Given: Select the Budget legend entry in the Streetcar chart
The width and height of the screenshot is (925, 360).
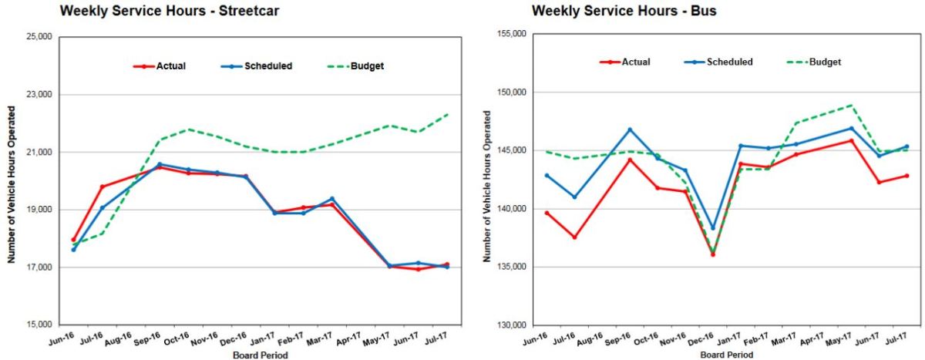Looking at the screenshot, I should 366,66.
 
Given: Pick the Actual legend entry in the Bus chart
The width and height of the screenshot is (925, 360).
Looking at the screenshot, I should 636,62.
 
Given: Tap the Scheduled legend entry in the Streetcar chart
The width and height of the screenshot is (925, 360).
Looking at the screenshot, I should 267,66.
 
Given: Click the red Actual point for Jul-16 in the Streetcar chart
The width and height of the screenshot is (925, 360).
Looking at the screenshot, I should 102,187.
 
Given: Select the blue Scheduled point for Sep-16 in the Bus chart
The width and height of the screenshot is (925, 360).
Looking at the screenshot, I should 629,130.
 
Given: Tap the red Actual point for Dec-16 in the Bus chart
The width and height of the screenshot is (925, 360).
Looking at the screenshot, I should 713,254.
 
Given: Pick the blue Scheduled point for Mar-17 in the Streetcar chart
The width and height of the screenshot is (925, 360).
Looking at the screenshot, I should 331,199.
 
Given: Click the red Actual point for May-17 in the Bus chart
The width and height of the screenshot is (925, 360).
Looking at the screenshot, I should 851,140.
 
